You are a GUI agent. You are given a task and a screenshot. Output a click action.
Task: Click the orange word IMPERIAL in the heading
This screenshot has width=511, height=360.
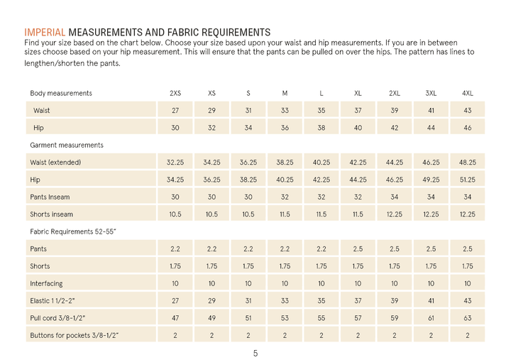[45, 32]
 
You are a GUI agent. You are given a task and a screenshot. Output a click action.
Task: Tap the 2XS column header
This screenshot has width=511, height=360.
[175, 93]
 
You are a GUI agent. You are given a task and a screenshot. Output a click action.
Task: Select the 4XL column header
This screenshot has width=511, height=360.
[468, 93]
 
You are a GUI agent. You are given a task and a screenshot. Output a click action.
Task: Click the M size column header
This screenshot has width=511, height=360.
[285, 93]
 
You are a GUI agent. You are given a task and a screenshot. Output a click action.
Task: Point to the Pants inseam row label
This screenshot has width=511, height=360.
[50, 197]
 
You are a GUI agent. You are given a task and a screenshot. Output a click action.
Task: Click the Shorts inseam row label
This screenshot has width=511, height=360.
[51, 214]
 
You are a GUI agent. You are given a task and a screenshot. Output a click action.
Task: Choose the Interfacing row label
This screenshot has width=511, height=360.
[46, 283]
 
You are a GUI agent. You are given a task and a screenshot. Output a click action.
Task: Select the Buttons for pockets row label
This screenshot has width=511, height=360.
[74, 334]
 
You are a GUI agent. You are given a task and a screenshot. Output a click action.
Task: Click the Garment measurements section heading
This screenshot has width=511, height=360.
[67, 145]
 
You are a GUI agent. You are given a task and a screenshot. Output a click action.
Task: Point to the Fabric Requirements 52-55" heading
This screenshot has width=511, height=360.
[73, 231]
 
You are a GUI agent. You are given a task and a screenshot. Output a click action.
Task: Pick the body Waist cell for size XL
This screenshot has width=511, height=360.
[358, 111]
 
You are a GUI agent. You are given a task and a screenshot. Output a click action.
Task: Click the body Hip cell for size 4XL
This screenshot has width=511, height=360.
[468, 128]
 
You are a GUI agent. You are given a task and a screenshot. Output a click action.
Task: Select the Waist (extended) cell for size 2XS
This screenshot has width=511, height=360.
[175, 163]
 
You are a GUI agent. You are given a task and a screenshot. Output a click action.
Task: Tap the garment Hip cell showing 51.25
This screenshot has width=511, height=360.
[468, 180]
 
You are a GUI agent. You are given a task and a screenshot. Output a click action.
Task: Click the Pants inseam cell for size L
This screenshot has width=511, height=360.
[322, 197]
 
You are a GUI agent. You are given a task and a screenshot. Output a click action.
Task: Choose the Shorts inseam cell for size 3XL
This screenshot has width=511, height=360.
[431, 214]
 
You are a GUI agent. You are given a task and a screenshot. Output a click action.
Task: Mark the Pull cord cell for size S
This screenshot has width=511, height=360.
[248, 317]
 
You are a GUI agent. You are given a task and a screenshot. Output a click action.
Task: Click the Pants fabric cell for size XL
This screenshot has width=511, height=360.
[358, 249]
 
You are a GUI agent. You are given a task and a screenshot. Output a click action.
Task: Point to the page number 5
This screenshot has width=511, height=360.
[255, 353]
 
